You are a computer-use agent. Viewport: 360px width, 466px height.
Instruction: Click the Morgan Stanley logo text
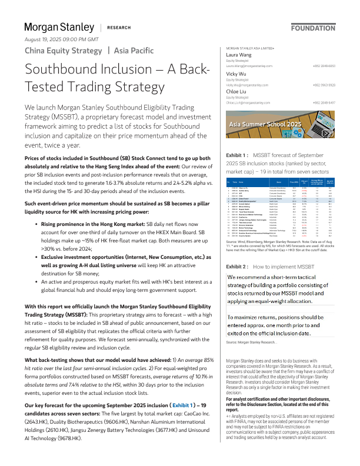[x=59, y=27]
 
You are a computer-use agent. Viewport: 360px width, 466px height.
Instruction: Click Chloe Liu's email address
[x=245, y=102]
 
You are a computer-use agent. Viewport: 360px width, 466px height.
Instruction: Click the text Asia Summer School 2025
[x=265, y=125]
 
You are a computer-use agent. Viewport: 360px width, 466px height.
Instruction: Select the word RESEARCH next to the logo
[x=119, y=28]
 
